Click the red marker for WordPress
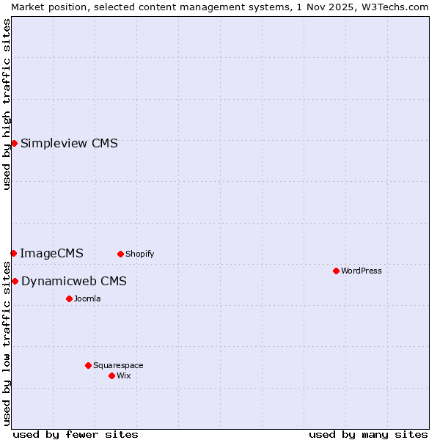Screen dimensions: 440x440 coord(336,271)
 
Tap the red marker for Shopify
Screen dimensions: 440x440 coord(120,254)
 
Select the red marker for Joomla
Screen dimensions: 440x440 coord(69,298)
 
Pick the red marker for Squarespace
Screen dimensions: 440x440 coord(88,365)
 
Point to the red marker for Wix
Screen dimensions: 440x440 coord(111,375)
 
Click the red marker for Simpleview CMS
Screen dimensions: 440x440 coord(14,143)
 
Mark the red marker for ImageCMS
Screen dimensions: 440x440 coord(13,253)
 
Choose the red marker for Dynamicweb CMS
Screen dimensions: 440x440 coord(15,281)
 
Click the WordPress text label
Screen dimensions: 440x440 coord(362,271)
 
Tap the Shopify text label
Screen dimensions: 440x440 coord(139,254)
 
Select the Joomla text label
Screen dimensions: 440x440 coord(87,298)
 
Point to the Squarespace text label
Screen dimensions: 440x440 coord(118,365)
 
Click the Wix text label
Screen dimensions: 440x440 coord(123,375)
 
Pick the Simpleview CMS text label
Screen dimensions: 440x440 coord(69,144)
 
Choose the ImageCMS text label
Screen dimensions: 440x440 coord(51,254)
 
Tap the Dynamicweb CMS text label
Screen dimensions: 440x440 coord(74,282)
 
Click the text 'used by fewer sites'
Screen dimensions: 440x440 coord(76,434)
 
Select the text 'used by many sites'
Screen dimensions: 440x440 coord(368,434)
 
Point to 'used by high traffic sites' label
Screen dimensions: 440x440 coord(7,104)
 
